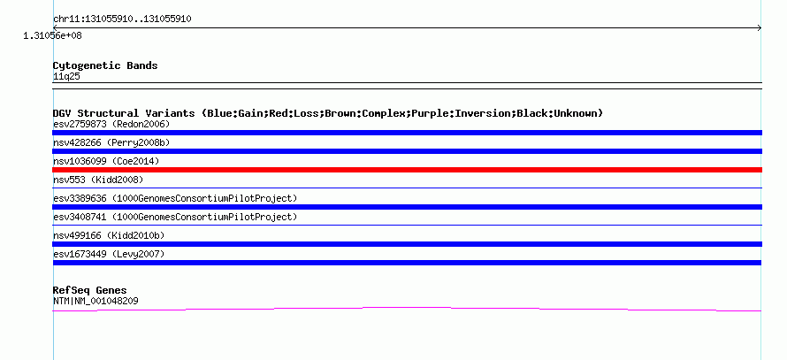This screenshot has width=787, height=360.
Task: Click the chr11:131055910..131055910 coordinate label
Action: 122,19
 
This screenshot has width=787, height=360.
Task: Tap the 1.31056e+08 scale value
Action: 53,35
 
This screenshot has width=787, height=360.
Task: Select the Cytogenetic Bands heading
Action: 105,65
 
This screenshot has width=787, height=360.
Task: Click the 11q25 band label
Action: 66,77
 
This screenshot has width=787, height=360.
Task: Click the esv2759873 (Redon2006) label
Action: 111,124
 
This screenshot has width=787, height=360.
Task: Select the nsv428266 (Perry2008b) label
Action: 111,142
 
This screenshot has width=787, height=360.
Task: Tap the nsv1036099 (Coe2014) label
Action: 106,161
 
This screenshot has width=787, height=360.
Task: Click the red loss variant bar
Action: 407,170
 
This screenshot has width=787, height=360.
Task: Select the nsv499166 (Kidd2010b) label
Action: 109,235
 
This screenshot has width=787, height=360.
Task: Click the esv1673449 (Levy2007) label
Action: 109,254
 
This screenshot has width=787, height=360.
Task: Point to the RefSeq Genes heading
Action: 90,290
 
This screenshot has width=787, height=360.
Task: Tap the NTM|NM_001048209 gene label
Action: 96,302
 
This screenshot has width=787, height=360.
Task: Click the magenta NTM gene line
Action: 407,308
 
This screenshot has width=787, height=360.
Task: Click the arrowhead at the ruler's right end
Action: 760,28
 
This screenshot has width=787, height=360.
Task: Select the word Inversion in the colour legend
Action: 486,113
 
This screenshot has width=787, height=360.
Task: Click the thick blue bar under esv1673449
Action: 407,263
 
